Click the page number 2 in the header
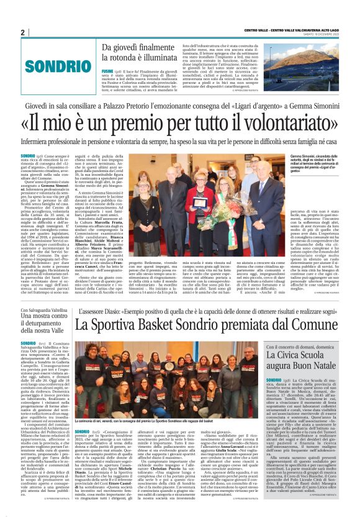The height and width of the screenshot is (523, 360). tap(22, 32)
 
